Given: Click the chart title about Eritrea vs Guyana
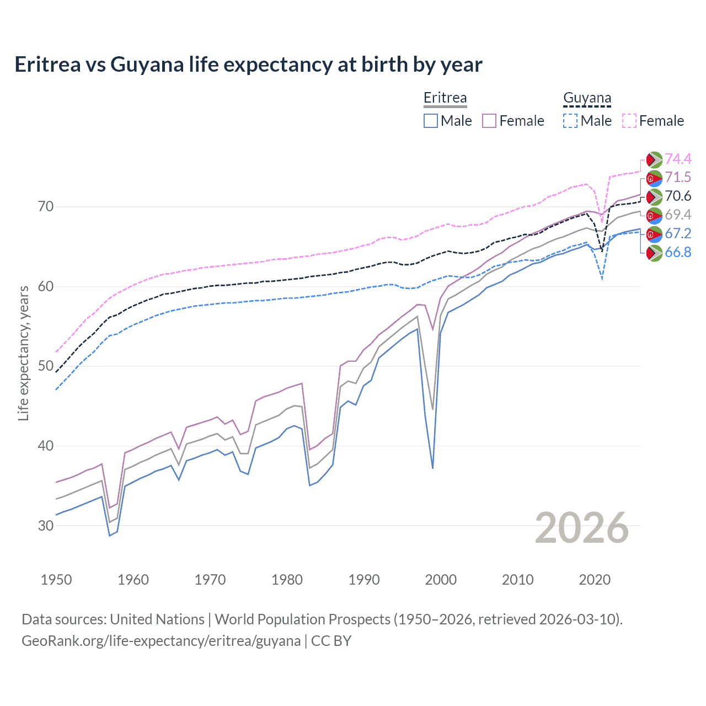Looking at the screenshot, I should [x=248, y=65].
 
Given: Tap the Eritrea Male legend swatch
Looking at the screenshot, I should [x=431, y=121].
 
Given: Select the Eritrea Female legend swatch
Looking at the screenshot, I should [x=489, y=121].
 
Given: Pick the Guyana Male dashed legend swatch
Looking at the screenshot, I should [x=570, y=121].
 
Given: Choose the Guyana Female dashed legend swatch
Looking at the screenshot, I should [x=629, y=121].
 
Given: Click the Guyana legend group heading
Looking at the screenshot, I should [x=587, y=98].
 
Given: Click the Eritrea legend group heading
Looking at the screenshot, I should [x=445, y=98].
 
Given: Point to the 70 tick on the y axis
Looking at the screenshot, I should [x=46, y=207].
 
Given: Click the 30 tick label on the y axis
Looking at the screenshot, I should [x=46, y=526].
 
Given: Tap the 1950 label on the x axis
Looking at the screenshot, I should [x=56, y=580].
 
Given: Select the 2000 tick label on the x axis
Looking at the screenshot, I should [x=441, y=580].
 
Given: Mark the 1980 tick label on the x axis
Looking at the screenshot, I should [x=287, y=580].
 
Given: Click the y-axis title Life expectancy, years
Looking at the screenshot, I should [x=23, y=353].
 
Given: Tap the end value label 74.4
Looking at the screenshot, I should [x=678, y=159].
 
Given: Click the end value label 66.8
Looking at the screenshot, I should [x=678, y=253].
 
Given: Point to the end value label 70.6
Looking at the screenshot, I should [x=678, y=196].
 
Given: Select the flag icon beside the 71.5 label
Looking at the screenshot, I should [x=654, y=178].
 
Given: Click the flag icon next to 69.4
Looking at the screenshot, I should [x=654, y=215].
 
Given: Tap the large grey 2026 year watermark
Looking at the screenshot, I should [x=582, y=528].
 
